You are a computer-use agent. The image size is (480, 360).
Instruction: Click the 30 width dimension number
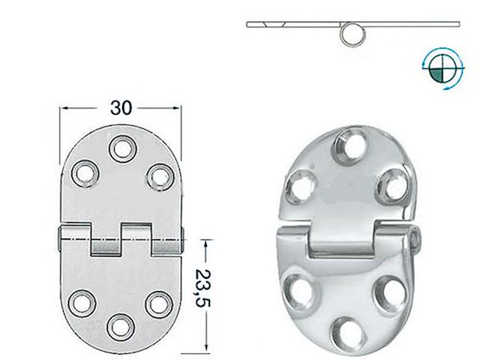point(120,107)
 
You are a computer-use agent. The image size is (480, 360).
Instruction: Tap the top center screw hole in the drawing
point(120,148)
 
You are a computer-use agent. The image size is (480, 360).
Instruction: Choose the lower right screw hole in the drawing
point(157,302)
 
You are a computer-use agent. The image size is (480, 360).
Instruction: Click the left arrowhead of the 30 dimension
point(63,107)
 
